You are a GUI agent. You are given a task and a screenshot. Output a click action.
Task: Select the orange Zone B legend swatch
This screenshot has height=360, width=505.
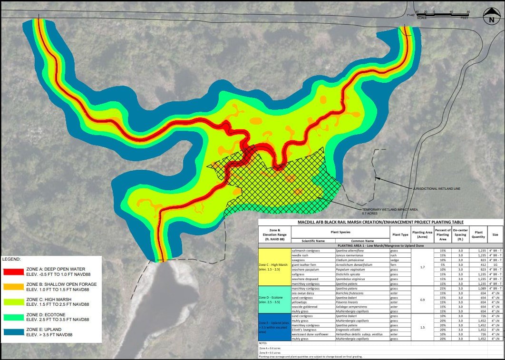(16, 289)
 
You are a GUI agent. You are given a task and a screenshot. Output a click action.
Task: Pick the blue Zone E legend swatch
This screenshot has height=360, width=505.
(16, 335)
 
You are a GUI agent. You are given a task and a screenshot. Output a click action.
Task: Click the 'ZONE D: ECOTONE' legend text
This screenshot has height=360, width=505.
(47, 313)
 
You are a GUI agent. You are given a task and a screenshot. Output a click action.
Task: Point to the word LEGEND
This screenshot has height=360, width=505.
(11, 260)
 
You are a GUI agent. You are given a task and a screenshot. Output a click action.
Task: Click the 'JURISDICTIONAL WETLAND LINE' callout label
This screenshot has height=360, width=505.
(437, 189)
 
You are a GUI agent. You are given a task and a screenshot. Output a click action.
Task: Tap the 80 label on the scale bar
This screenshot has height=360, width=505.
(468, 12)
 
